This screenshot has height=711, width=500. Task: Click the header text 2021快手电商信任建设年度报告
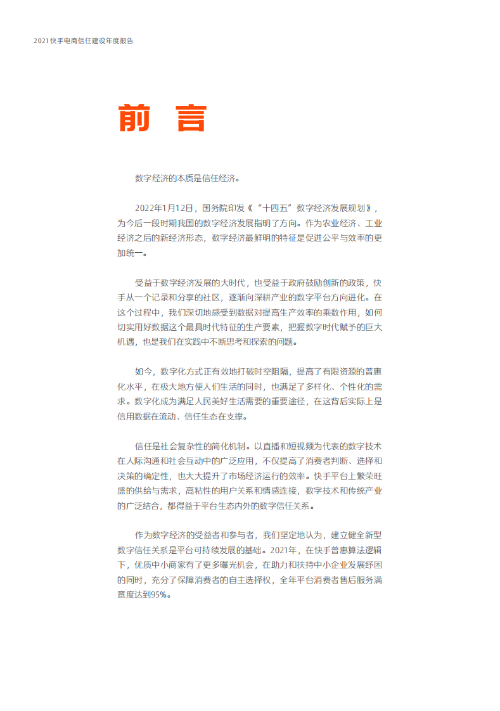point(84,41)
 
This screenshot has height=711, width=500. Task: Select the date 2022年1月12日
point(163,208)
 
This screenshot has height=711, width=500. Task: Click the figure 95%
point(161,595)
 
